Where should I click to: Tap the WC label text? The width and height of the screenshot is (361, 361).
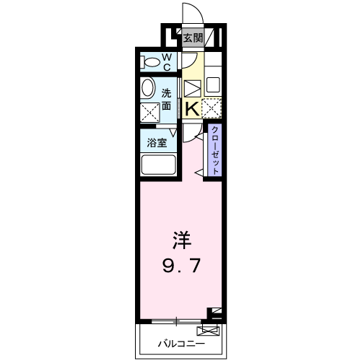click(x=165, y=62)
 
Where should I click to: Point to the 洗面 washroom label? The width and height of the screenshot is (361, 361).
click(x=166, y=99)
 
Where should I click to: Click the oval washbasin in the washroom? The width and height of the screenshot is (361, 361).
click(x=147, y=89)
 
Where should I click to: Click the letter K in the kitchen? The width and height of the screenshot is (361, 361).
click(x=192, y=109)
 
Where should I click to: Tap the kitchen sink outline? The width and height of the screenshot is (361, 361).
click(x=213, y=84)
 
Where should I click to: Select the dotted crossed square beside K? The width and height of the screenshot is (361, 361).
click(x=212, y=108)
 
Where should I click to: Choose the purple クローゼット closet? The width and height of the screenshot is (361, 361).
click(x=214, y=150)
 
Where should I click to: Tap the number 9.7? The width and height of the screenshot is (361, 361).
click(x=180, y=266)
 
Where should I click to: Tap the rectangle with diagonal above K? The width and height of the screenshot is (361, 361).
click(x=192, y=90)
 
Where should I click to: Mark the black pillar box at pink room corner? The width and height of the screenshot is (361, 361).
click(x=214, y=312)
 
